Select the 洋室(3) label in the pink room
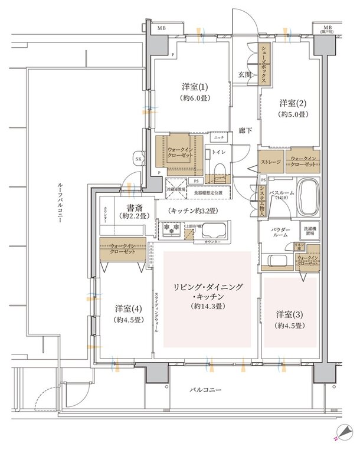click(289, 319)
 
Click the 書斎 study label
click(131, 211)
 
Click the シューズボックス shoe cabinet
click(266, 65)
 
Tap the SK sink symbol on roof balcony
click(139, 160)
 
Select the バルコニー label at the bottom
click(205, 390)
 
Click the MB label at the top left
click(161, 28)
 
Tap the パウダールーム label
click(280, 231)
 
